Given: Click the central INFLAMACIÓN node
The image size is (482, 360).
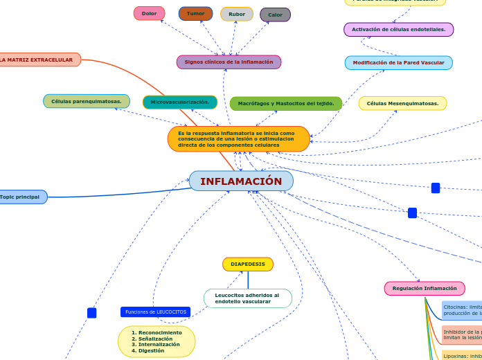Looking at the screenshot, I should coord(241,181).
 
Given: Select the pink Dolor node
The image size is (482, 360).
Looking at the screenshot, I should coord(149,13).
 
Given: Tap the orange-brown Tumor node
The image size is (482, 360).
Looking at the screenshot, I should coord(195,14).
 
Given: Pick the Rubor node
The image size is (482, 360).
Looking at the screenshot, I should coord(237,14).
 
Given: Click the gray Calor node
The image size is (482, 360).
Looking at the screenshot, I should coord(275,15).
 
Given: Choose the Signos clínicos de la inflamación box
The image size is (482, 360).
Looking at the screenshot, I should coord(229,62).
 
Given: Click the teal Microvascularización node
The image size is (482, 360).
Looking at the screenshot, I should coord(180,102).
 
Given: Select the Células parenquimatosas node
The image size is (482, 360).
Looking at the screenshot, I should coord(87,101).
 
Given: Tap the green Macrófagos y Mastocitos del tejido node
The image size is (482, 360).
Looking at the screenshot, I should coord(286,104).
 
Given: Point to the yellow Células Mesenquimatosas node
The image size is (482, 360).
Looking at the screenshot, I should coord(402,104).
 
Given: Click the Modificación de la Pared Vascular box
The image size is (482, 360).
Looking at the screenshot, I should coord(398,63).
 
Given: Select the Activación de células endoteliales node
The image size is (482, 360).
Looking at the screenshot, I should coord(398,30).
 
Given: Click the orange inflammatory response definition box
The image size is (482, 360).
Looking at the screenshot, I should coord(239,139).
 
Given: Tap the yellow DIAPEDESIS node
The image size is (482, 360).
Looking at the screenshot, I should coord(248,264).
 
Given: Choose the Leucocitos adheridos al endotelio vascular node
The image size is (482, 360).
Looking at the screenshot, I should coord(248,298).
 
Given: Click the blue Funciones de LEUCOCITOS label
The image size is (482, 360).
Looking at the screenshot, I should coord(156,312).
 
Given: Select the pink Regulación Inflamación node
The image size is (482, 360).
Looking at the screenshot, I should coord(425,289).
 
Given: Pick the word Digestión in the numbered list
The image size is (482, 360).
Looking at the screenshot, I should coord(151,350).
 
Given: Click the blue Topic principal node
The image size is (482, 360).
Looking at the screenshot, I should coord(21,197).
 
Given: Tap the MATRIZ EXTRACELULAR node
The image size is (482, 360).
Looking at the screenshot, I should coord(38,60).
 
